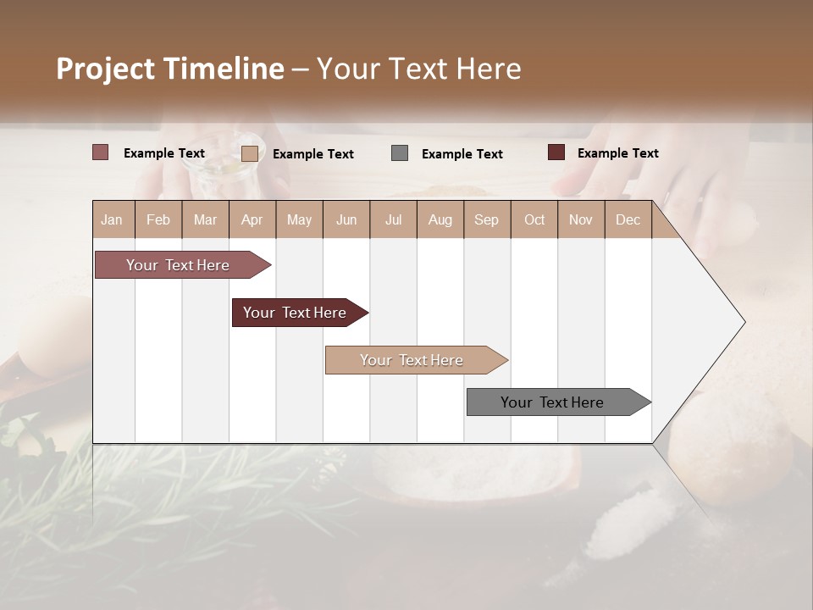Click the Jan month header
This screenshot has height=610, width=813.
113,219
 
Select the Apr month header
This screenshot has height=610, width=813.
252,219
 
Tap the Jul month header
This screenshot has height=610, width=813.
393,219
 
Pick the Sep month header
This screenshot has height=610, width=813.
486,219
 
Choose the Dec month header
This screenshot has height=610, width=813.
628,219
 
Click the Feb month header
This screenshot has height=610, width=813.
158,219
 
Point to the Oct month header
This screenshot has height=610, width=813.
534,219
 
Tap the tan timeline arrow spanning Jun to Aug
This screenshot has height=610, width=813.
412,360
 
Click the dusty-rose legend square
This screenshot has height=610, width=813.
101,152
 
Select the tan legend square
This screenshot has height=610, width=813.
250,153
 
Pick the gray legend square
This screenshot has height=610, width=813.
400,153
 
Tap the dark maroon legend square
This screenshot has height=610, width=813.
556,152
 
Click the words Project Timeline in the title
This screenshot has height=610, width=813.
170,69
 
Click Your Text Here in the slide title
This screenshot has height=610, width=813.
418,69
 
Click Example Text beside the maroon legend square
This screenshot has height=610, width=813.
617,153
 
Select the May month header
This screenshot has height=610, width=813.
299,219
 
